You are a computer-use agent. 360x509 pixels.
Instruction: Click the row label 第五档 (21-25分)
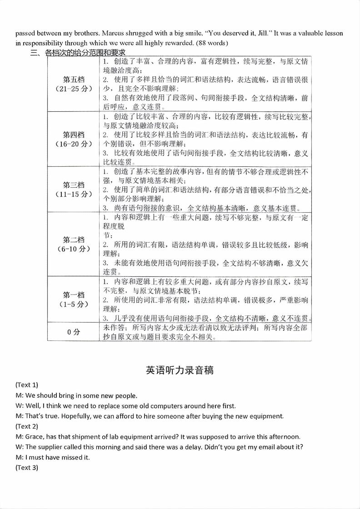(74, 84)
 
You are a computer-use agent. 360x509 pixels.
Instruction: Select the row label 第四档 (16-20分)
(74, 139)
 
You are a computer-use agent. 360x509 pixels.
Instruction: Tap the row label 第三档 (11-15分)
(74, 190)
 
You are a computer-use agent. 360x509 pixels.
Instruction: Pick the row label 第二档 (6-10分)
(74, 244)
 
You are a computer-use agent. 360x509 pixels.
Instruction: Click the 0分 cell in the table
(74, 332)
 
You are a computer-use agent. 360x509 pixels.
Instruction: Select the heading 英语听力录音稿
(180, 370)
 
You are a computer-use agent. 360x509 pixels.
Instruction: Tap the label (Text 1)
(27, 384)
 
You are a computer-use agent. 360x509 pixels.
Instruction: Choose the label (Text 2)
(27, 426)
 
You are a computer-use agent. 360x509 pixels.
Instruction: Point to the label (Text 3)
(27, 468)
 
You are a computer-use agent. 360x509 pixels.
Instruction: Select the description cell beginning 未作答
(205, 332)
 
